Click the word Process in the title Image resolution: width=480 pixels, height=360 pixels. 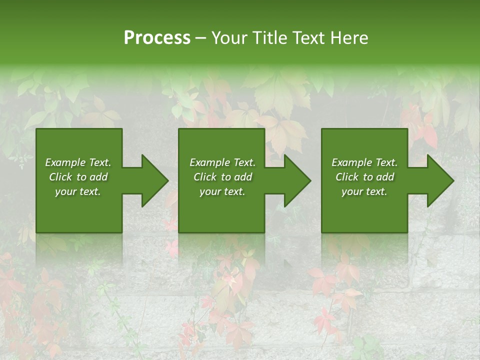pos(157,38)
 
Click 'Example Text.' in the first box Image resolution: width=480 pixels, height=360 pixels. pos(78,162)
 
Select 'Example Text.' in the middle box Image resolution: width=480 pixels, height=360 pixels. pos(222,162)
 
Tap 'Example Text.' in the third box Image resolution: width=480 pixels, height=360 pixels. pos(364,162)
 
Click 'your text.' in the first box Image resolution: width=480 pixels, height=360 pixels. pos(78,191)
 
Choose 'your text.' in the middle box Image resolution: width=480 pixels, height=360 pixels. pos(222,191)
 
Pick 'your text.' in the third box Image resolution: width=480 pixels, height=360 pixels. pos(364,191)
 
